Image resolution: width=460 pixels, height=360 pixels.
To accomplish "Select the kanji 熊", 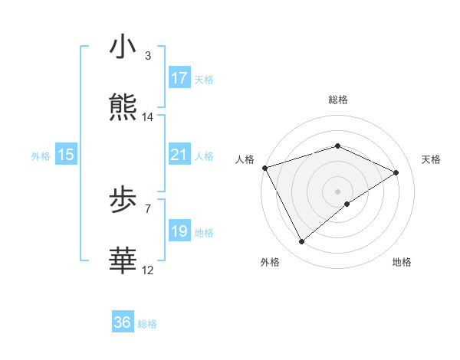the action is (x=123, y=107).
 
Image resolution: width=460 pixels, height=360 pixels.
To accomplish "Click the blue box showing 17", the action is (x=179, y=78).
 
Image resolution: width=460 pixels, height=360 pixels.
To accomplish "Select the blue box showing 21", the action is (x=179, y=155).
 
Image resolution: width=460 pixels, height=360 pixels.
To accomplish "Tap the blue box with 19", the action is (x=179, y=231).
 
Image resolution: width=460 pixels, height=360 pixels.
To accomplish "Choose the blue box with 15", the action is (x=66, y=155).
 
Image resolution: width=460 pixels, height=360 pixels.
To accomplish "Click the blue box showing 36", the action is (x=123, y=322).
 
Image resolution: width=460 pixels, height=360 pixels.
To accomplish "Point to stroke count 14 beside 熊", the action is (x=148, y=117).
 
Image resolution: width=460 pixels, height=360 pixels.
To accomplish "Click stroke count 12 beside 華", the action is (x=148, y=270).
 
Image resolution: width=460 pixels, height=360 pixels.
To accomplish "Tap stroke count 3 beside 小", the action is (x=148, y=56).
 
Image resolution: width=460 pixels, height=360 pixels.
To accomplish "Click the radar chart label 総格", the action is (x=338, y=100).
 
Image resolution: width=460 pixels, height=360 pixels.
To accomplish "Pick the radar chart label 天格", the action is (x=431, y=159).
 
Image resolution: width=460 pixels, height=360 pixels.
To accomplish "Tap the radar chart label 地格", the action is (x=401, y=263).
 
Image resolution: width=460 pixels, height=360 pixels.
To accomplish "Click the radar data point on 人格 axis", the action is (x=264, y=167).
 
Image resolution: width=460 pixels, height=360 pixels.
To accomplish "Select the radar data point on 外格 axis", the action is (x=301, y=242).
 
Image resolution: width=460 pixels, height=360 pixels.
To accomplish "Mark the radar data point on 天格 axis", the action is (x=396, y=172).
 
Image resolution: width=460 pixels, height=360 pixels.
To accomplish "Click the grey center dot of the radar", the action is (x=338, y=191).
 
